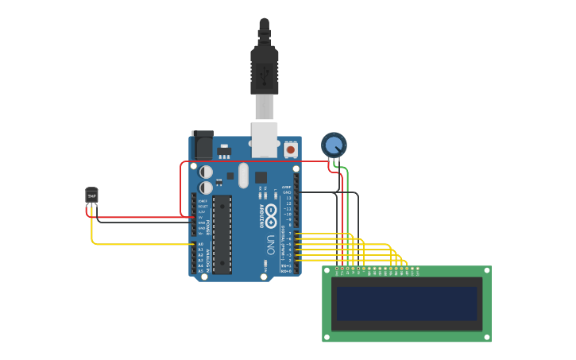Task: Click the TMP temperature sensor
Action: pos(91,196)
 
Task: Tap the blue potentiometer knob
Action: pos(334,145)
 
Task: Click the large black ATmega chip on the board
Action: pos(222,234)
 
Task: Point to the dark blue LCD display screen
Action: pos(406,304)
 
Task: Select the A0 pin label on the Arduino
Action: pos(200,244)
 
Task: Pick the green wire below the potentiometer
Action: pos(347,207)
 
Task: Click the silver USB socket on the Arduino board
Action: pos(265,138)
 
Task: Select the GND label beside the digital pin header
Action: pos(287,192)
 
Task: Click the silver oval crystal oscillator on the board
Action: pos(243,176)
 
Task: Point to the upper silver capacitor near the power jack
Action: pos(206,172)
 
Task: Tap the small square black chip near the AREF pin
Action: pos(261,177)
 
